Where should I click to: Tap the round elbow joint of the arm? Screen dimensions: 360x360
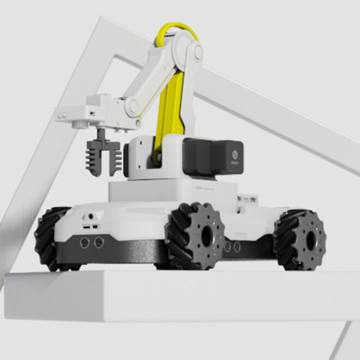point(132,107)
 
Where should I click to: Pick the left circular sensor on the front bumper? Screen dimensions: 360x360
point(85,242)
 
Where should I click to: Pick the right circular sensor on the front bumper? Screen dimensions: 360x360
point(99,242)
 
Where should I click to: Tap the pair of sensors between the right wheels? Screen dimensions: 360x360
point(232,247)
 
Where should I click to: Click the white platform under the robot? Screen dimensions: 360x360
point(164,295)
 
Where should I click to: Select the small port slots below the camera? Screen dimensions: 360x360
point(91,225)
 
